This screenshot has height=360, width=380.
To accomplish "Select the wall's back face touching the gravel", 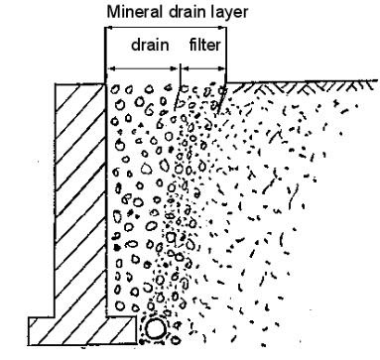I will click(x=106, y=198).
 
